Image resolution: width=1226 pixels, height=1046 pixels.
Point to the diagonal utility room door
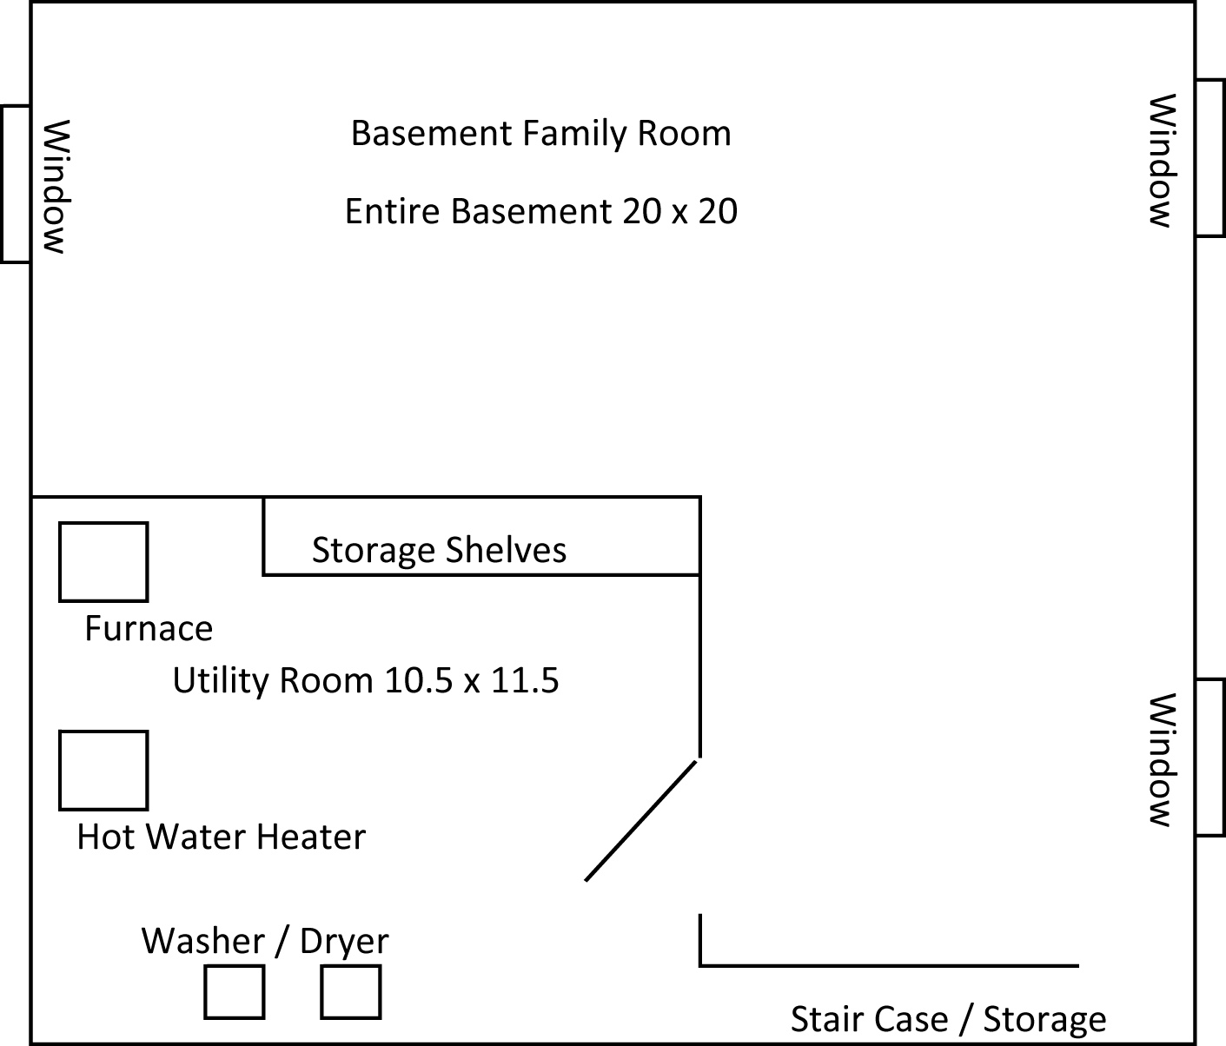pos(640,821)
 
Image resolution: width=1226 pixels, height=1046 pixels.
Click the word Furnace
pos(149,628)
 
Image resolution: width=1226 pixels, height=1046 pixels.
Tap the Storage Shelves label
pos(440,550)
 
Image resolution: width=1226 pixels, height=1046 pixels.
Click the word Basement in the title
pos(431,133)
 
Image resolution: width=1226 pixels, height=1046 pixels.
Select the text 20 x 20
pos(680,212)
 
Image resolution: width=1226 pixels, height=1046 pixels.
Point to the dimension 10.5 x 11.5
pos(472,680)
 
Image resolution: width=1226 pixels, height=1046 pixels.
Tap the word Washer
pos(202,941)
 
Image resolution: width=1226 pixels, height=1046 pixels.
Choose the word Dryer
pos(345,943)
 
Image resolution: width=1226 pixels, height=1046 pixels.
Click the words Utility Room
pos(273,682)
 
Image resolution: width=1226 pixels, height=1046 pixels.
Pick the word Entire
pos(389,212)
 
